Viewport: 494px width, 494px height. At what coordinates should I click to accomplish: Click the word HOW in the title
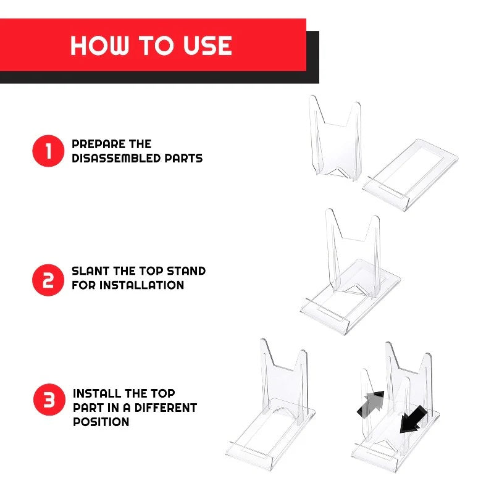tap(99, 45)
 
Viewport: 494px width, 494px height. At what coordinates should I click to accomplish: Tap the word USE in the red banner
tap(207, 45)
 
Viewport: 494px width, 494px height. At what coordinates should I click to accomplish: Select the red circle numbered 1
tap(48, 151)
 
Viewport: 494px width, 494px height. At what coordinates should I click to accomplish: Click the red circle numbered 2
tap(48, 280)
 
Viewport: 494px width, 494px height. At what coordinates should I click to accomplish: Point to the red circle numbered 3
tap(49, 400)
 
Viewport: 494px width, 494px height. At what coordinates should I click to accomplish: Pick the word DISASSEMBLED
tap(116, 158)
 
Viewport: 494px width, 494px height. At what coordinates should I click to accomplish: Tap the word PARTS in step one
tap(183, 158)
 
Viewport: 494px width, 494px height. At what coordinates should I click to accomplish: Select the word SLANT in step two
tap(91, 271)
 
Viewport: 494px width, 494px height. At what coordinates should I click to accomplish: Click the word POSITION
tap(101, 422)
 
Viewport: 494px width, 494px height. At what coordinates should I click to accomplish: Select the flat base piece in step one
tap(410, 174)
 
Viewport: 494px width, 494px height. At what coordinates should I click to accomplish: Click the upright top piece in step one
tap(335, 138)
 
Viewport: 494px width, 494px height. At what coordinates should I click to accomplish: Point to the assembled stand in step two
tap(350, 272)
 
